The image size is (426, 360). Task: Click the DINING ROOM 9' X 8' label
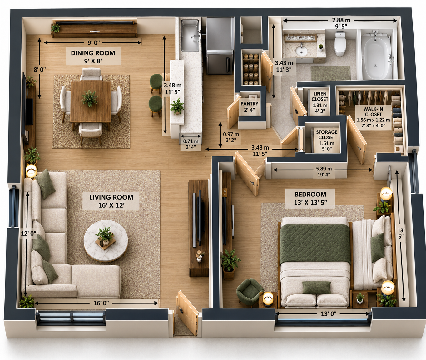[93, 57]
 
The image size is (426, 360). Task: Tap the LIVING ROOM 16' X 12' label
[111, 201]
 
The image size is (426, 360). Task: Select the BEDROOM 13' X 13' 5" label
[310, 198]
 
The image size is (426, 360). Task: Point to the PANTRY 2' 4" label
[249, 107]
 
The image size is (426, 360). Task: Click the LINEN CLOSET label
[320, 96]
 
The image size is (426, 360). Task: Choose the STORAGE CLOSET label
[327, 135]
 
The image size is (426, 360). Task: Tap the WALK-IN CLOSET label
[373, 111]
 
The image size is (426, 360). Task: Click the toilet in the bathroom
[340, 43]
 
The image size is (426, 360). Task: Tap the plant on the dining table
[89, 98]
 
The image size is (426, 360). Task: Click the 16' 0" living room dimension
[101, 303]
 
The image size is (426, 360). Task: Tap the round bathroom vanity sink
[301, 50]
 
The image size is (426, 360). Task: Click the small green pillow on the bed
[316, 287]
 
